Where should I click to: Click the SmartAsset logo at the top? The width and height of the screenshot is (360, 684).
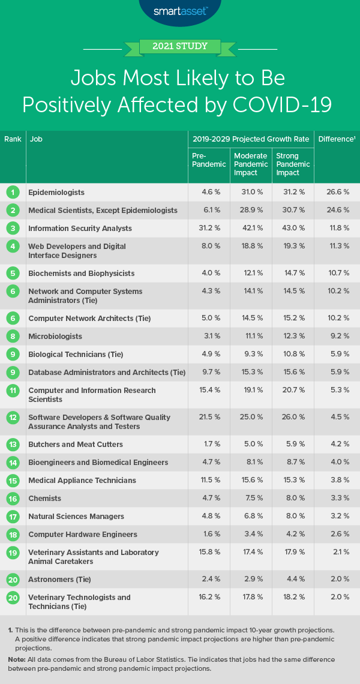179,11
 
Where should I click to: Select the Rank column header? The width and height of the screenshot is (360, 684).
13,139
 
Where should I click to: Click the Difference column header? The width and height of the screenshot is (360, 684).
336,139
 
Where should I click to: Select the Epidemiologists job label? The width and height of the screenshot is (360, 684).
56,193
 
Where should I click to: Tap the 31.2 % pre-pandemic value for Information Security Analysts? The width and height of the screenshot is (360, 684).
203,229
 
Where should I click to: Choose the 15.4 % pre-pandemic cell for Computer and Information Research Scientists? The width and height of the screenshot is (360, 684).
203,391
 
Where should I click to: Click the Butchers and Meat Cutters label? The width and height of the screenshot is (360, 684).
76,445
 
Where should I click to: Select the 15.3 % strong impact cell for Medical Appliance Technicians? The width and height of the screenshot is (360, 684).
293,481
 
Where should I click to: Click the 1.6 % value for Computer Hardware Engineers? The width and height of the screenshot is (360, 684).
203,535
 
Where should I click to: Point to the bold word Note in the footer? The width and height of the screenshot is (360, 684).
16,659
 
